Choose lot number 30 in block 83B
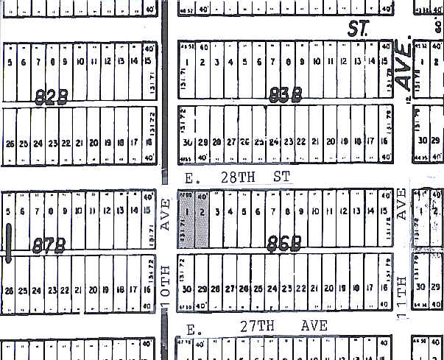point(188,142)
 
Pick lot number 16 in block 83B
point(385,142)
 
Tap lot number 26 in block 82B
point(9,144)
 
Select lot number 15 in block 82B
point(135,62)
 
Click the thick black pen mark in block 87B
point(9,243)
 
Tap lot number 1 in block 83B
point(188,63)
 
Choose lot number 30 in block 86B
point(188,289)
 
